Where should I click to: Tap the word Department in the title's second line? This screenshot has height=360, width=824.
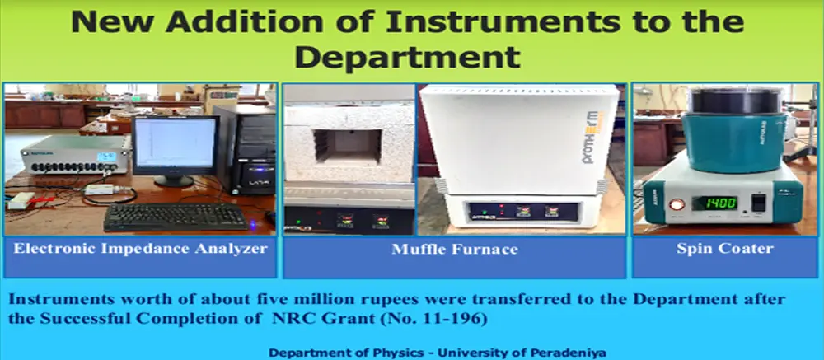tap(407, 58)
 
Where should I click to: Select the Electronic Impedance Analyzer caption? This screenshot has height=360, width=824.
tap(140, 248)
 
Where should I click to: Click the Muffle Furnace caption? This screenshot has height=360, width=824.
tap(455, 249)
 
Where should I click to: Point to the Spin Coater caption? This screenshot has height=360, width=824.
tap(724, 249)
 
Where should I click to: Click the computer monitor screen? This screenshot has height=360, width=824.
tap(176, 143)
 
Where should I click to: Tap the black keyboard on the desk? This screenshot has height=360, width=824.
tap(176, 217)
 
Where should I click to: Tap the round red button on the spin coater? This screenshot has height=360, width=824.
tap(672, 204)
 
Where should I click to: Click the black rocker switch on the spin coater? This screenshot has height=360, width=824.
tap(758, 203)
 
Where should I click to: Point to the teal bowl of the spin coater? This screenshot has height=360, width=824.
tap(734, 142)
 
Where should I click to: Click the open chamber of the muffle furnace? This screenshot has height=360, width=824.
tap(348, 146)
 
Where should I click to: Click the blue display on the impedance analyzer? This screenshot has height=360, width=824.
tap(105, 157)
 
